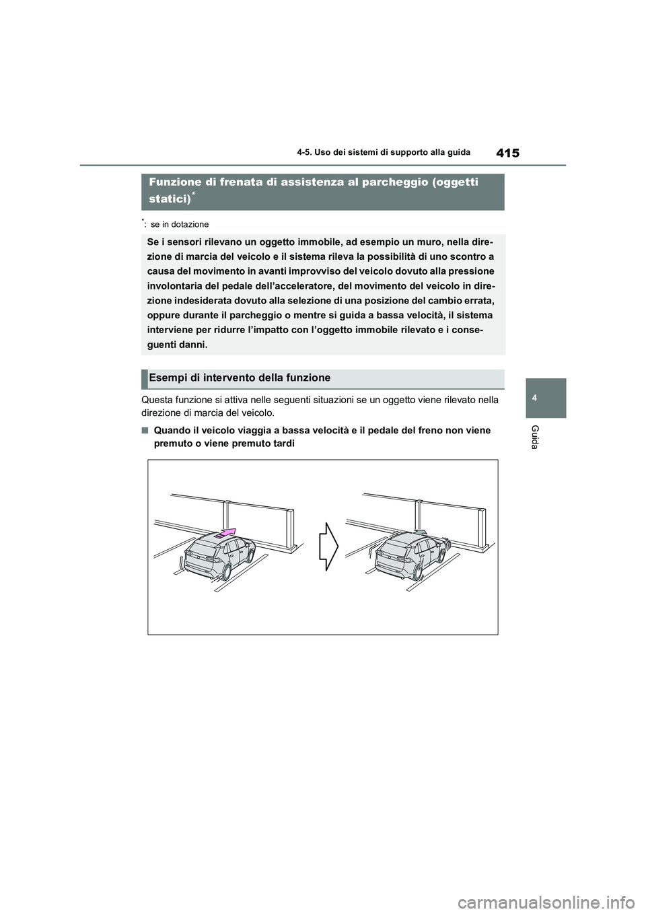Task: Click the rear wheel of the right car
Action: [x=418, y=572]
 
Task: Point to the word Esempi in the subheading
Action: [x=166, y=378]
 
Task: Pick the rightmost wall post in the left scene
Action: [x=290, y=528]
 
